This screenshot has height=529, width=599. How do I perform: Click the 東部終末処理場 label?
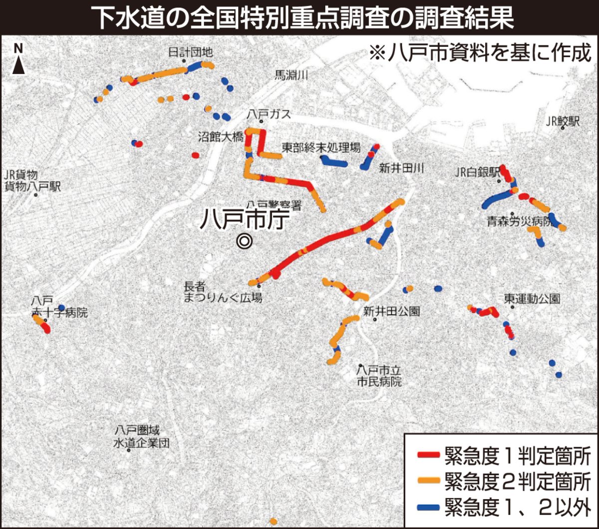(x=320, y=148)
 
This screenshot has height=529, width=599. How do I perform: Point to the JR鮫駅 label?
(x=563, y=121)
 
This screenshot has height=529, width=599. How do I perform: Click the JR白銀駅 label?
(x=478, y=172)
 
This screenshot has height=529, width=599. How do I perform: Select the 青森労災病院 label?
(x=521, y=221)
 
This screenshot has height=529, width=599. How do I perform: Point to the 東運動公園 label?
(x=532, y=298)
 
